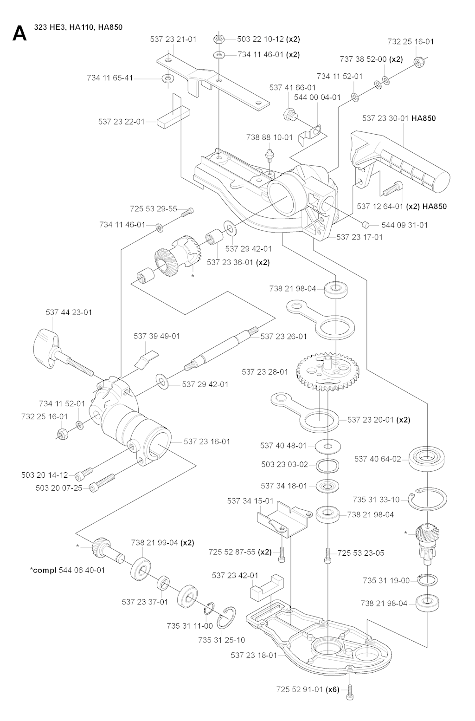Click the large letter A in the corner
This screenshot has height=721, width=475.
[19, 33]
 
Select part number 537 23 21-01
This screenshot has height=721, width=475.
[173, 39]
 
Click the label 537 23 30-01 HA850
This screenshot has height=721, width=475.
[398, 118]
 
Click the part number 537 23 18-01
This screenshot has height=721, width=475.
[254, 656]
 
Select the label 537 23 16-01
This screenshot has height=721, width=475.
[207, 442]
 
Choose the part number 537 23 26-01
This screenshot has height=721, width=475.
[283, 336]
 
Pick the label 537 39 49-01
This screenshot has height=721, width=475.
[157, 336]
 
